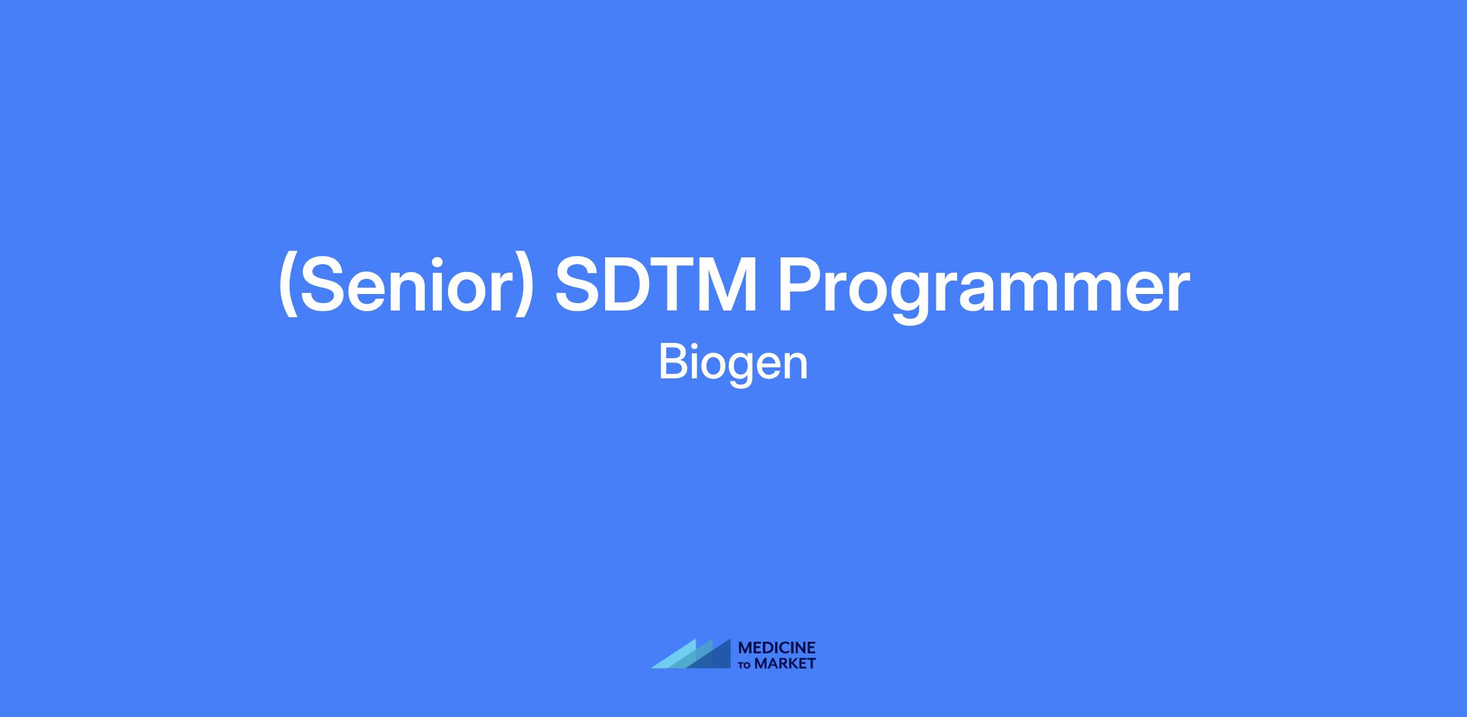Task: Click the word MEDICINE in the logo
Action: [777, 649]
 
